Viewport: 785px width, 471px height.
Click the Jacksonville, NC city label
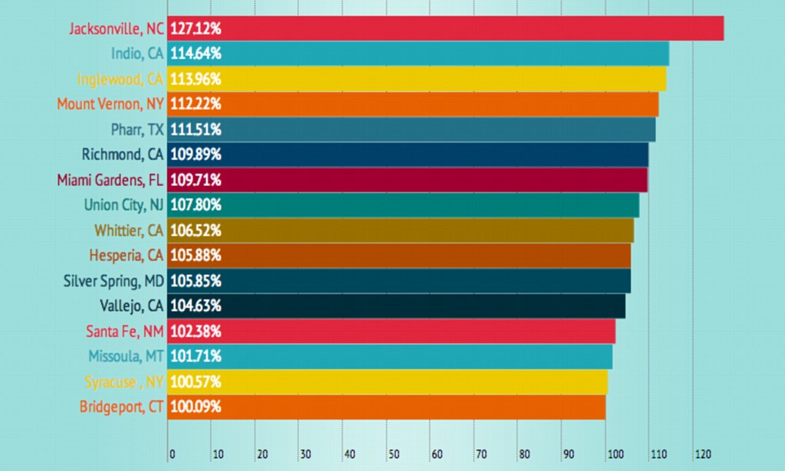(x=116, y=29)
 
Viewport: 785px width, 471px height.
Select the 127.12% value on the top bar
(x=195, y=29)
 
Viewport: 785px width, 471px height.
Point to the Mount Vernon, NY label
(x=110, y=104)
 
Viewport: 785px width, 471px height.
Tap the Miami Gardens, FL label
(x=110, y=180)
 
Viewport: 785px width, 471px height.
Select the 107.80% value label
(x=195, y=204)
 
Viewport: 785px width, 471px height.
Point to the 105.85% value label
(x=195, y=280)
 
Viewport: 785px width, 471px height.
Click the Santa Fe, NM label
(x=125, y=331)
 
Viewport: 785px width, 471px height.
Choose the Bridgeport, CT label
(x=122, y=407)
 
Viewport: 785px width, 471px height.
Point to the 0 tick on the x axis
(x=172, y=453)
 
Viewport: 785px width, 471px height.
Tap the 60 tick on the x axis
(x=436, y=453)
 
